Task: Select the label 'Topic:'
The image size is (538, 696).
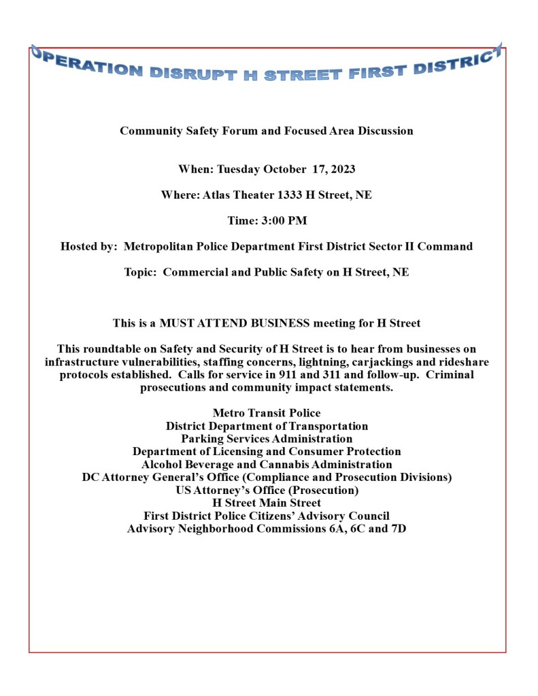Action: (x=141, y=272)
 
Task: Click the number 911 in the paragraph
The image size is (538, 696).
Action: (x=295, y=375)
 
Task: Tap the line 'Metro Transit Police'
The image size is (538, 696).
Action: (x=267, y=413)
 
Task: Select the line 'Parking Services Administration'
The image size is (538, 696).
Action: (x=267, y=439)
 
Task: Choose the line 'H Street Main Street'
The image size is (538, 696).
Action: (x=267, y=503)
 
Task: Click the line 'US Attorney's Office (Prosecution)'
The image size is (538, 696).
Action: (x=267, y=490)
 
